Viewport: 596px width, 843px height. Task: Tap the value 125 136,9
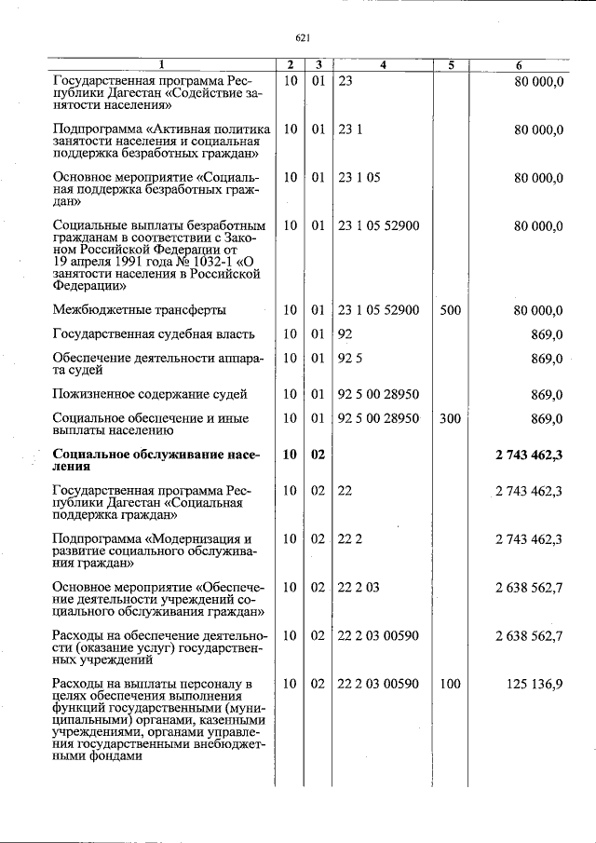coord(535,684)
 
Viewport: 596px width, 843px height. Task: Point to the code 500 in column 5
coord(450,310)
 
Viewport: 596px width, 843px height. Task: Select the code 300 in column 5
coord(450,419)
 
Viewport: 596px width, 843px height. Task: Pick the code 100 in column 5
coord(450,684)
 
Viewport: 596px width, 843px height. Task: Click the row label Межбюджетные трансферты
coord(139,310)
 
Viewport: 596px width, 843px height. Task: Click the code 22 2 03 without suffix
coord(359,587)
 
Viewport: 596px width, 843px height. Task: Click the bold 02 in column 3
coord(318,454)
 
